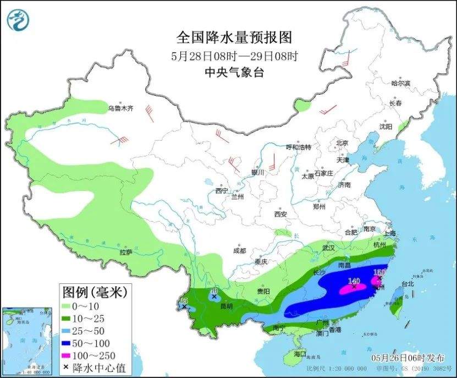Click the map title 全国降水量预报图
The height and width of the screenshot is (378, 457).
(233, 37)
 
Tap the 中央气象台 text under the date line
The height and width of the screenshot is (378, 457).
(233, 72)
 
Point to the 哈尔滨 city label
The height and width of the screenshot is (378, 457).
(400, 84)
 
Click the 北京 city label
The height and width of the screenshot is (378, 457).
(342, 143)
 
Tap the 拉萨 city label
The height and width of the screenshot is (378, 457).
(126, 253)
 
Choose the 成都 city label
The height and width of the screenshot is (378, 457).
(239, 250)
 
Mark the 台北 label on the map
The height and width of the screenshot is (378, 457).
(407, 284)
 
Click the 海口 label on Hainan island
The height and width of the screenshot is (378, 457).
(300, 354)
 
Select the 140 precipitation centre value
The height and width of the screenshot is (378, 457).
(354, 281)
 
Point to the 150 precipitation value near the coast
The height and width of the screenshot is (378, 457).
(379, 272)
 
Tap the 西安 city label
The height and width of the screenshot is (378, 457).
(281, 213)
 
